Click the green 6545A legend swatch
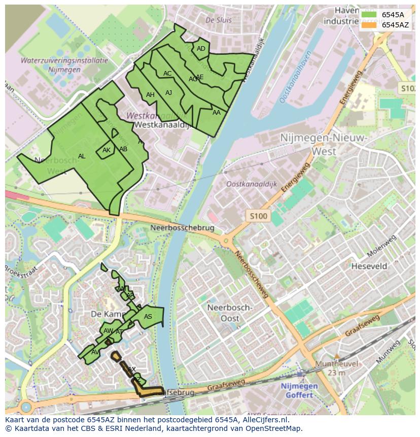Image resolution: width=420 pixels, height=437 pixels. click(x=369, y=15)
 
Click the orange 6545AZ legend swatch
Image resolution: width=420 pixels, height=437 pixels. click(x=369, y=25)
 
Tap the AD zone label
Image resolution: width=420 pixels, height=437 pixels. click(x=201, y=49)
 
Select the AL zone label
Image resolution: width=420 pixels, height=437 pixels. click(x=82, y=156)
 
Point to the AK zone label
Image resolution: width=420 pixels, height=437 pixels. click(x=107, y=150)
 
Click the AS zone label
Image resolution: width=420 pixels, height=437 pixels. click(x=148, y=317)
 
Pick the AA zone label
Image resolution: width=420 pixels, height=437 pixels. click(x=217, y=113)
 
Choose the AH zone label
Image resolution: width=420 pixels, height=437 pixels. click(x=150, y=95)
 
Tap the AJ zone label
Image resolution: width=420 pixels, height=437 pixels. click(x=169, y=93)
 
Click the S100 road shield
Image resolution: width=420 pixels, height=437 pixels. click(x=258, y=216)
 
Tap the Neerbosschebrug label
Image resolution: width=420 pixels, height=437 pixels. click(x=183, y=228)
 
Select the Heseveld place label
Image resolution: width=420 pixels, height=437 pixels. click(x=369, y=266)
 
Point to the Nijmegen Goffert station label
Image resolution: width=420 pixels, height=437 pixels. click(x=299, y=390)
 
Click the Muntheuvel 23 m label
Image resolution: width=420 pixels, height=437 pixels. click(x=336, y=368)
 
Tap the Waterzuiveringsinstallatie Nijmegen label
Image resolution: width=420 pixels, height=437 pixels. click(x=64, y=65)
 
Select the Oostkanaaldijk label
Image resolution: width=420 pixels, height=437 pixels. click(x=252, y=185)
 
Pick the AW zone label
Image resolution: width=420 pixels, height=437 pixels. click(x=108, y=331)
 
